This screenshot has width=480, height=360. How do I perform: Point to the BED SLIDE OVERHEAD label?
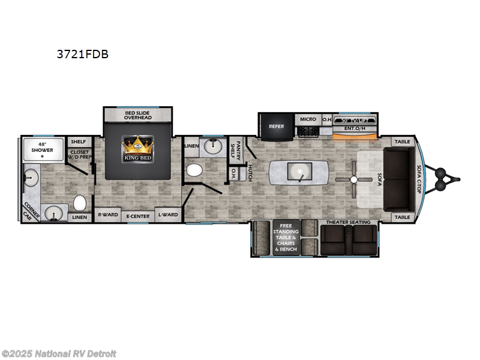tap(138, 115)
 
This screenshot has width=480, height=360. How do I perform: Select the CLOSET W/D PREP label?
tap(79, 155)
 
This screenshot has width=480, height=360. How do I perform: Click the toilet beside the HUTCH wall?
tap(194, 170)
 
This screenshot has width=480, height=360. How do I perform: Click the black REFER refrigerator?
tap(276, 126)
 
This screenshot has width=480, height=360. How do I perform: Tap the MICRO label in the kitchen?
tap(308, 119)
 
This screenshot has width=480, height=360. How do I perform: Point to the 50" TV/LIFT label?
tap(355, 119)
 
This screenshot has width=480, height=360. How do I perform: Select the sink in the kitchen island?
tap(298, 172)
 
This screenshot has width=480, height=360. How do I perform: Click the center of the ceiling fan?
tap(354, 179)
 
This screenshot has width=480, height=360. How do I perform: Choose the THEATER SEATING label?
tap(348, 222)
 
